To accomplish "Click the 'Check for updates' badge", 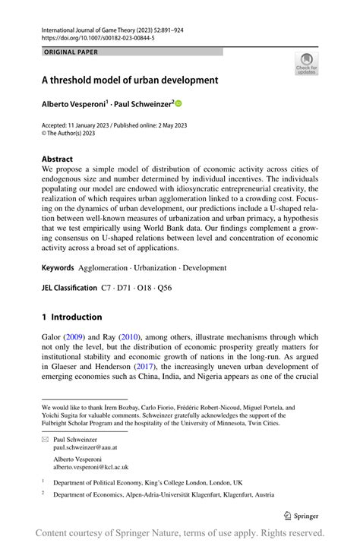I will coord(305,64).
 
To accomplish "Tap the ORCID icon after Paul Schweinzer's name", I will coord(179,103).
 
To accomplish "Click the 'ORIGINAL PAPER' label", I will coord(71,52).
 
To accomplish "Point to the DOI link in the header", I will coord(99,36).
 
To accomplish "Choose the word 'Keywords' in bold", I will coord(58,268).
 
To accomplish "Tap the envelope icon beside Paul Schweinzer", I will coord(46,440).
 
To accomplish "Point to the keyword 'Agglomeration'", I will coord(106,268).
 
